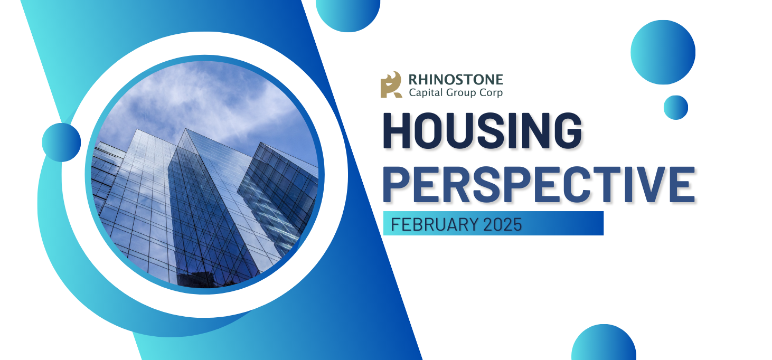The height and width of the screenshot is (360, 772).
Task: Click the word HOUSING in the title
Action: coord(483,130)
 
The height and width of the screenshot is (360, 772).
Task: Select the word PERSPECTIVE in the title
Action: coord(539,184)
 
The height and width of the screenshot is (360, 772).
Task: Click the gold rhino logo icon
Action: coord(391,85)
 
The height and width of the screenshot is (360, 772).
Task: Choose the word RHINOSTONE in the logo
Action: coord(456,80)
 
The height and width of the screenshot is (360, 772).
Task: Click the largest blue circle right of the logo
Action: coord(663,52)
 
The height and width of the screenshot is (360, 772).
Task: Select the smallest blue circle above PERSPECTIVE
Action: coord(676,108)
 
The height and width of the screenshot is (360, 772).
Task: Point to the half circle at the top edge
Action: coord(348,14)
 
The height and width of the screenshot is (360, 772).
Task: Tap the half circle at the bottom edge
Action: coord(604,343)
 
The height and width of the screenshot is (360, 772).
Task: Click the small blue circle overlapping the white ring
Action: coord(61,143)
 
